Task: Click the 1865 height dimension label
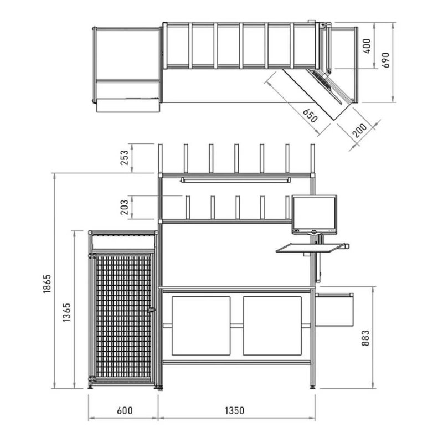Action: tap(47, 284)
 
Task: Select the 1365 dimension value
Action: tap(66, 313)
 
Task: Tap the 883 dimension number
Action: tap(365, 338)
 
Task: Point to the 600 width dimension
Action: tap(125, 410)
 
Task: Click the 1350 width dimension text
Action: tap(234, 410)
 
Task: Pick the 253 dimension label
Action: tap(124, 158)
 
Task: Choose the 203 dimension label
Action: tap(124, 207)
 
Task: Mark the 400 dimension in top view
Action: tap(367, 46)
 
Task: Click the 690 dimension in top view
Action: tap(385, 60)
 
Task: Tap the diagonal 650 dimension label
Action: tap(310, 116)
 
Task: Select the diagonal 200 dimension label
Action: tap(360, 130)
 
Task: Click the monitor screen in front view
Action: tap(314, 213)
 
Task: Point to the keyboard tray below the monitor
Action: tap(311, 248)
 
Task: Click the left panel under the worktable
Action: tap(201, 326)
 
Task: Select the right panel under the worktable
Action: tap(272, 326)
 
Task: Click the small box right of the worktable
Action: tap(334, 310)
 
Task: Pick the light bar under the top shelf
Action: tap(235, 180)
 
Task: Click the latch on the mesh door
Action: tap(152, 310)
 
